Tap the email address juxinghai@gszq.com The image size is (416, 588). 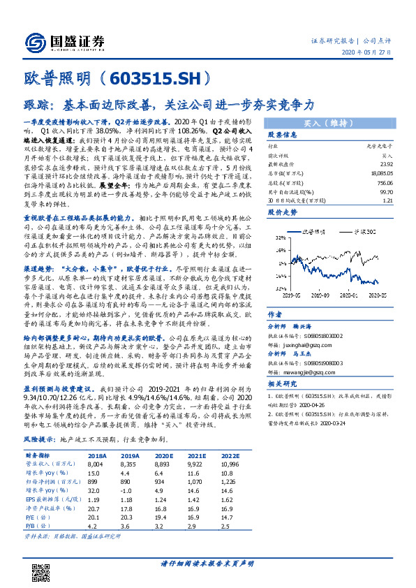tap(297, 343)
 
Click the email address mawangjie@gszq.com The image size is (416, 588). tap(298, 372)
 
